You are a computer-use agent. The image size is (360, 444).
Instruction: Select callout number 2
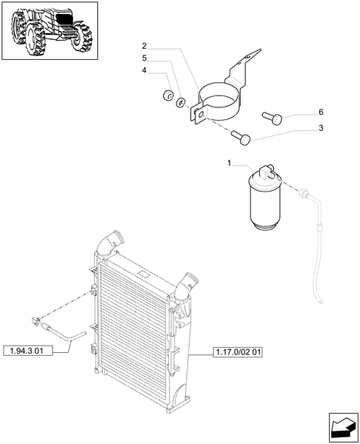pos(144,45)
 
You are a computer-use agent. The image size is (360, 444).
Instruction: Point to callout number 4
pos(144,71)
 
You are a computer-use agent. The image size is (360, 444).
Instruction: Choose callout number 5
pos(144,58)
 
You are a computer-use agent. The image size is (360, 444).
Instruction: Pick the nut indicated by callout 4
pos(167,95)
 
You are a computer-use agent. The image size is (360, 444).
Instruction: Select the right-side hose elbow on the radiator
pos(188,285)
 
